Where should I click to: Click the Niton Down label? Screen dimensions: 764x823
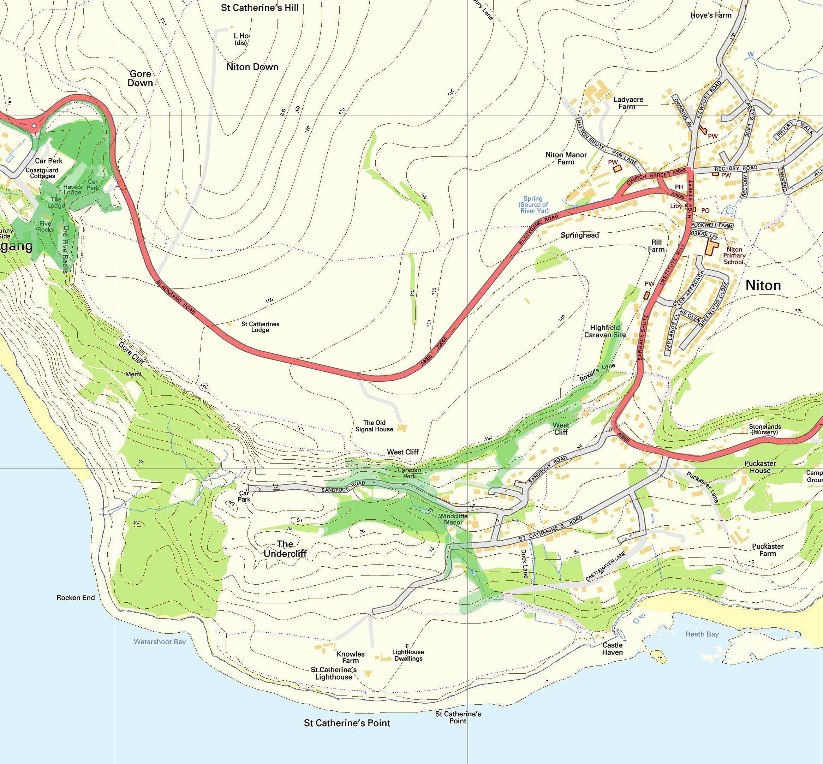(252, 67)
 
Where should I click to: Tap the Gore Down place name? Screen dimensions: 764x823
(140, 78)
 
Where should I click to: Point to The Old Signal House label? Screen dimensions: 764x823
(374, 426)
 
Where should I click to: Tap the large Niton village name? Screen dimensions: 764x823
(763, 285)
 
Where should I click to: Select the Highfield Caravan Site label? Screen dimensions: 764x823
(605, 331)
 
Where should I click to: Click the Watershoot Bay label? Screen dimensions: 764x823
(160, 642)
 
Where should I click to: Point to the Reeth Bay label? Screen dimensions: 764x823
(702, 634)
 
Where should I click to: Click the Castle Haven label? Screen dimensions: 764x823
(612, 649)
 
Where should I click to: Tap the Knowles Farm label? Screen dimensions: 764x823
(351, 657)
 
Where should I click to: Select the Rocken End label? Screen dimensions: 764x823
(76, 597)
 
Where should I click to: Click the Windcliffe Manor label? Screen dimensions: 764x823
(453, 519)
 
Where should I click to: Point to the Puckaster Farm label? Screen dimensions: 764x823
(768, 550)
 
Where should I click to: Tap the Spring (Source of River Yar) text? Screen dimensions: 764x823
(533, 205)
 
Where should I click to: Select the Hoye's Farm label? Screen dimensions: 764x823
(711, 15)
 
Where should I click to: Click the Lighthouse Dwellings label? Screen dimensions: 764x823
(408, 655)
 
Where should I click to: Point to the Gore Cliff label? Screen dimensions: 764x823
(131, 353)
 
